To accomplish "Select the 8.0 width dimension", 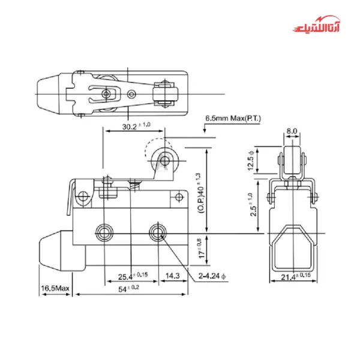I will coord(292,131).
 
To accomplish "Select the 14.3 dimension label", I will coord(173,276).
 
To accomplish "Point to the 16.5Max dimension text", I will coord(56,289).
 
